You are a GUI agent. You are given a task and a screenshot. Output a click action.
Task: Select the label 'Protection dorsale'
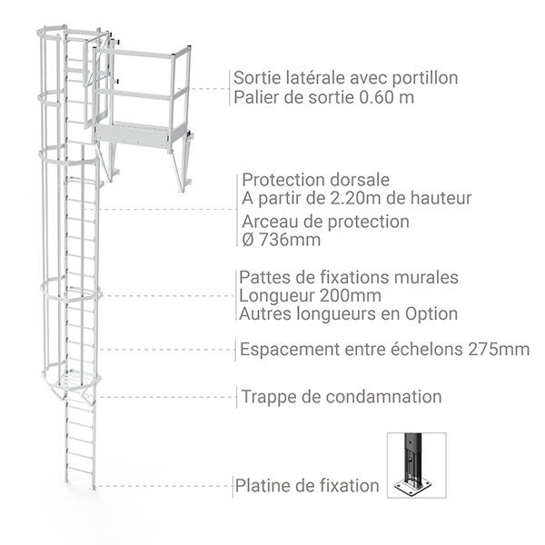pos(304,180)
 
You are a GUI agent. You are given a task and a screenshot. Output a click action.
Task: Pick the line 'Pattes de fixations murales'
pos(348,277)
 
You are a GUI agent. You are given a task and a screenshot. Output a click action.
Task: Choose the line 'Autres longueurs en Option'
pos(346,314)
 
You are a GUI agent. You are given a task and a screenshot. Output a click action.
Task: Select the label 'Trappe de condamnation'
pos(342,397)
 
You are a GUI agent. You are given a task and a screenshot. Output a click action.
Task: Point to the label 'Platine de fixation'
pos(307,486)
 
